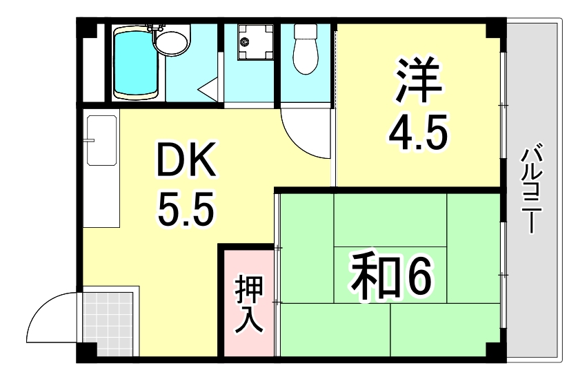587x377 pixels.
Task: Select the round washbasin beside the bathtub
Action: [x=170, y=41]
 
